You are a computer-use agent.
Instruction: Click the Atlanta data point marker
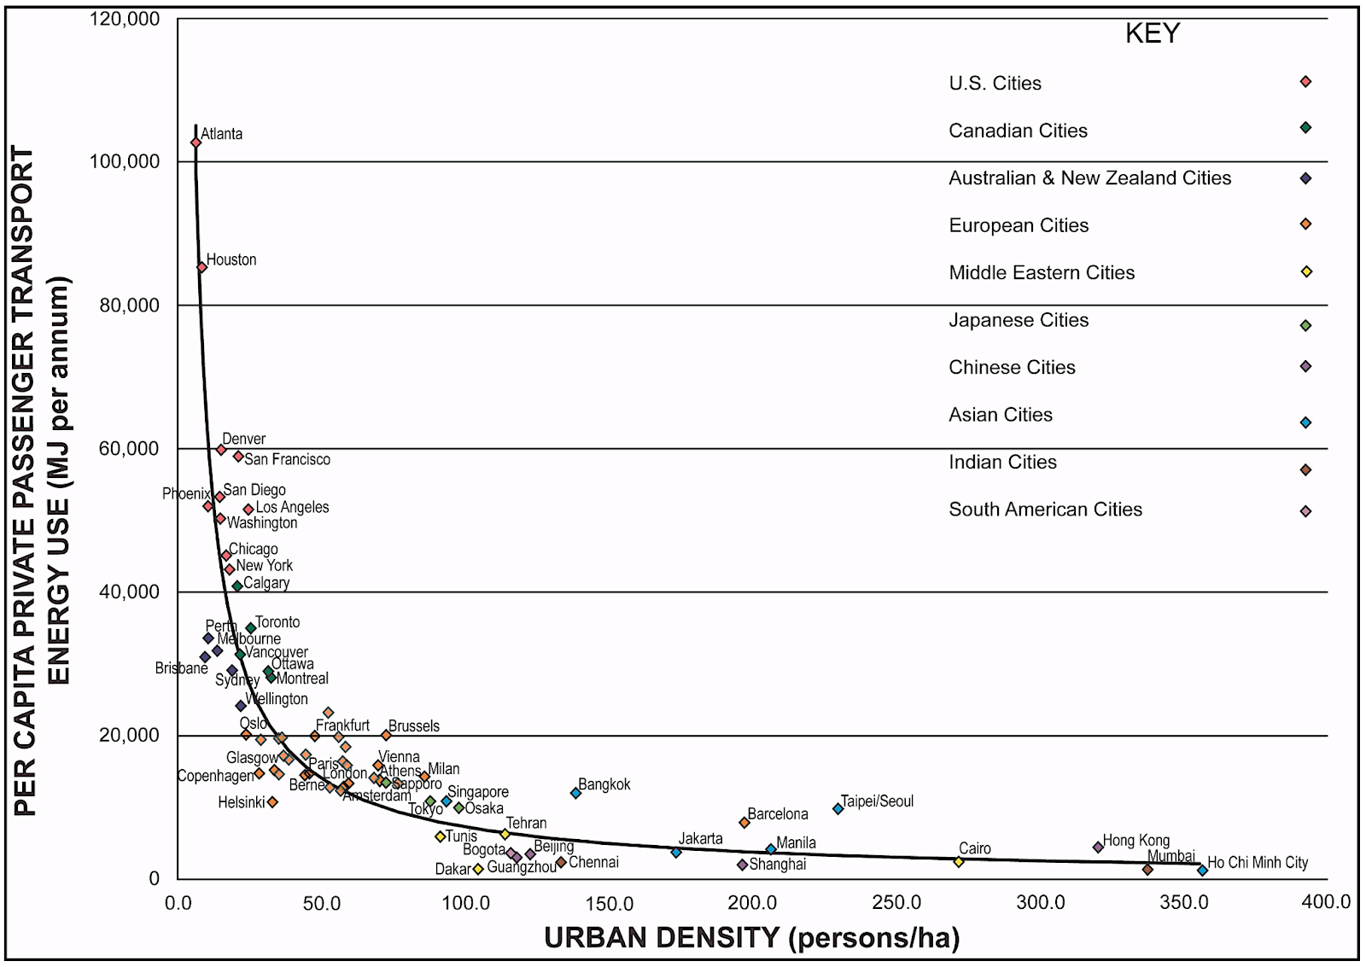pos(196,143)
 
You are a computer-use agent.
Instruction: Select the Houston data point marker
pos(201,267)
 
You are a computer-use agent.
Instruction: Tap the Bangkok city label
pos(604,784)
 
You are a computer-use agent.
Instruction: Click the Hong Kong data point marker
pos(1098,848)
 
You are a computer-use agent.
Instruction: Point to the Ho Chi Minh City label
pos(1257,863)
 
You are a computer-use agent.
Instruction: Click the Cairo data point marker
pos(959,862)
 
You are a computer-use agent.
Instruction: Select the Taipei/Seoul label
pos(877,801)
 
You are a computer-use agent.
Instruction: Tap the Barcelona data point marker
pos(744,823)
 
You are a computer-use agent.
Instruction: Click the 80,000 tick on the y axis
pos(129,306)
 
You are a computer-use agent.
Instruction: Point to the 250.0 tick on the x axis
pos(896,903)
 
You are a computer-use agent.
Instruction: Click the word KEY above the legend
pos(1153,33)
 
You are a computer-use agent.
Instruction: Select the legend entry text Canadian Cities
pos(1018,131)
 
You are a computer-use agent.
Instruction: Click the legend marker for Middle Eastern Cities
pos(1305,272)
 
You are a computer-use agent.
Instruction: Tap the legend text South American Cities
pos(1045,510)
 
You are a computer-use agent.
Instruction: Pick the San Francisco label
pos(287,459)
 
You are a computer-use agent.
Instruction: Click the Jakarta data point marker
pos(676,853)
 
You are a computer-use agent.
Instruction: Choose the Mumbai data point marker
pos(1147,870)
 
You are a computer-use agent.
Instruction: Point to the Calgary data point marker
pos(237,586)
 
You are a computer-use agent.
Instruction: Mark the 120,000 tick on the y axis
pos(125,19)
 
